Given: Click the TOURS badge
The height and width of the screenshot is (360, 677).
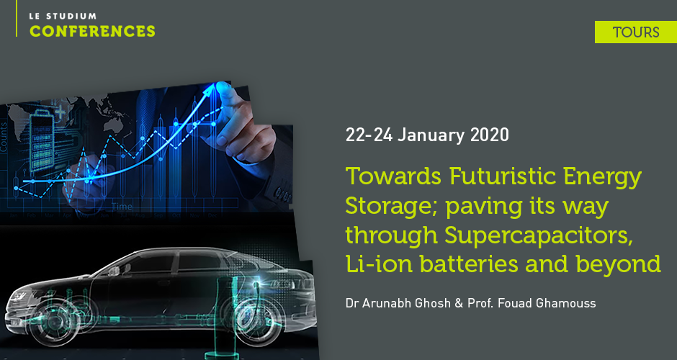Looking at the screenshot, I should pyautogui.click(x=636, y=32).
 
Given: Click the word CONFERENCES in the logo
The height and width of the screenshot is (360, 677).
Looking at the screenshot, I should pyautogui.click(x=92, y=31).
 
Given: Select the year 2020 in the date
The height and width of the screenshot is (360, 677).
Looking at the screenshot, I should pyautogui.click(x=489, y=135).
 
